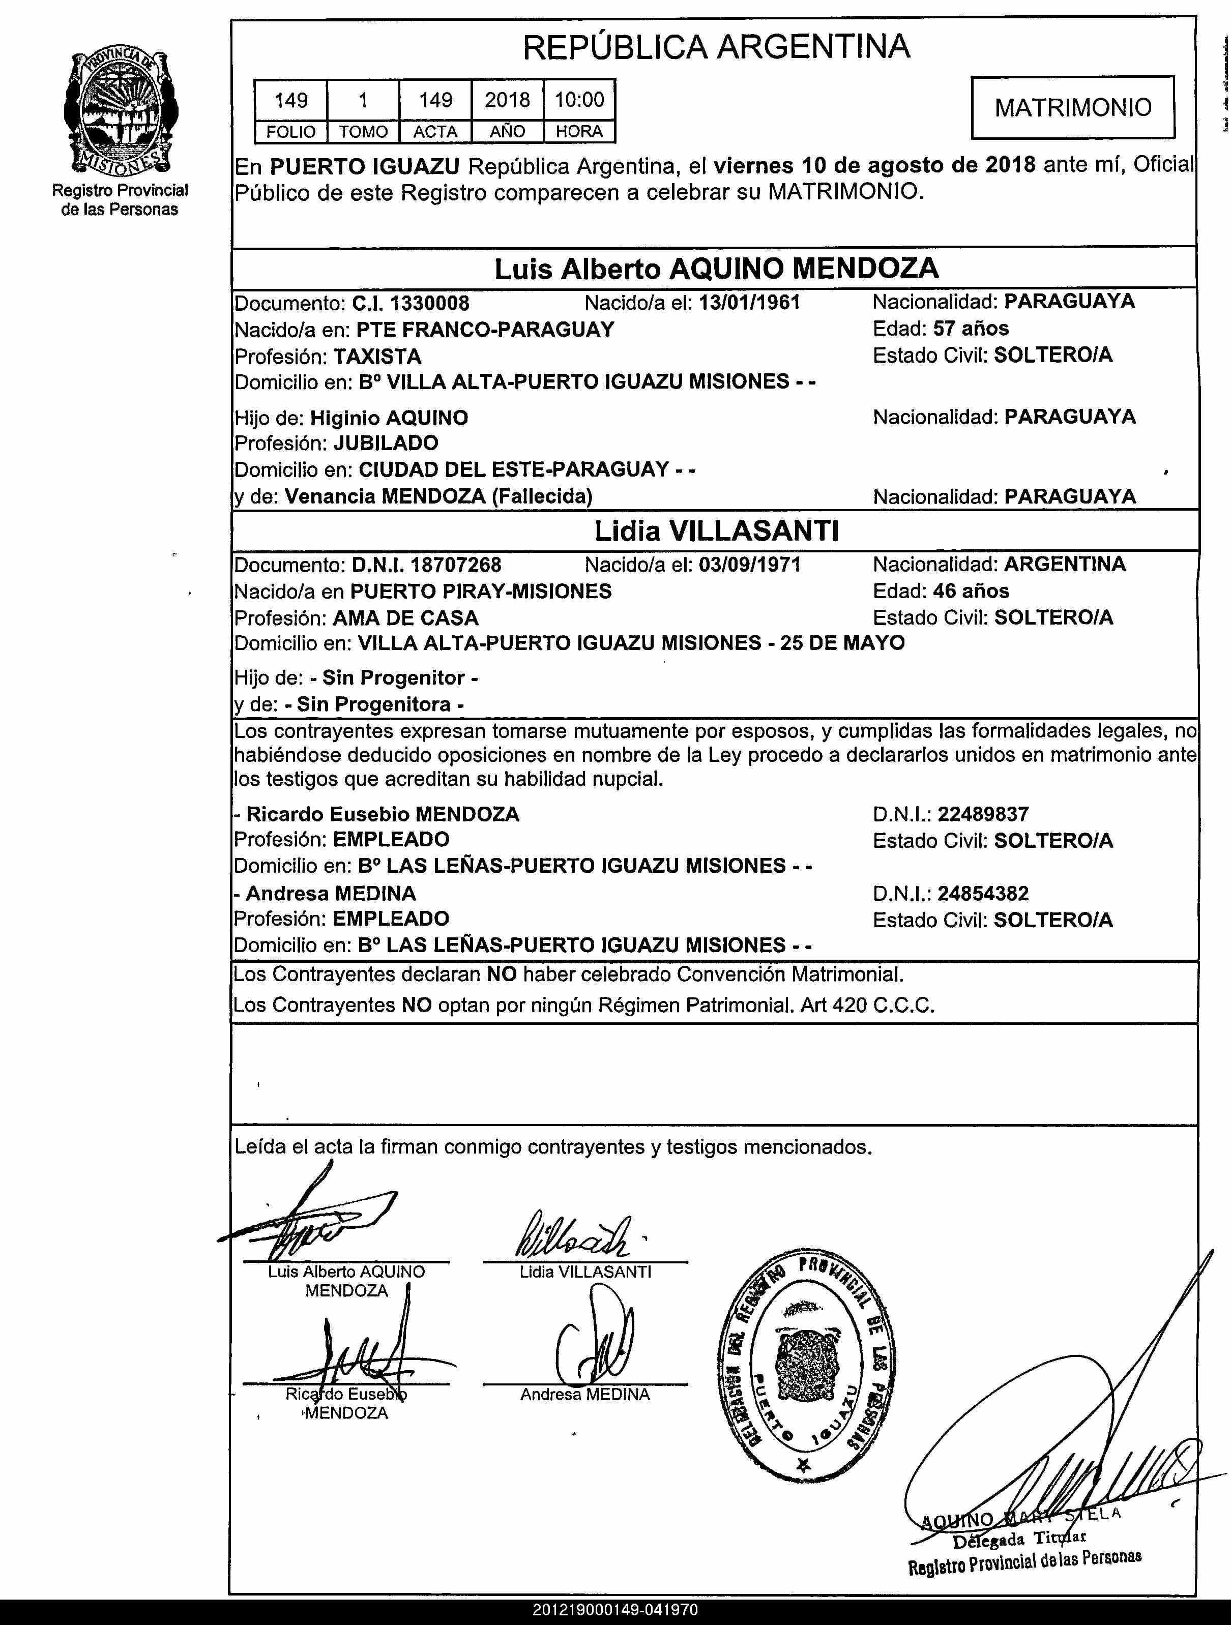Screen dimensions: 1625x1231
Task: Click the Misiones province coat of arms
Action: [121, 110]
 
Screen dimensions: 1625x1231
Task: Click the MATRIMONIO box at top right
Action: [1072, 107]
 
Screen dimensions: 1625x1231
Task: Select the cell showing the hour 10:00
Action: [579, 100]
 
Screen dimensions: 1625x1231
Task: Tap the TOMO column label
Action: [363, 132]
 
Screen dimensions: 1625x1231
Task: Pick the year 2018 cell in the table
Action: [507, 100]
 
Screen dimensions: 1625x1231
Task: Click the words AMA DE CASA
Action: [406, 618]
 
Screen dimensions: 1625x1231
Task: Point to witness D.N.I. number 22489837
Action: [983, 814]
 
